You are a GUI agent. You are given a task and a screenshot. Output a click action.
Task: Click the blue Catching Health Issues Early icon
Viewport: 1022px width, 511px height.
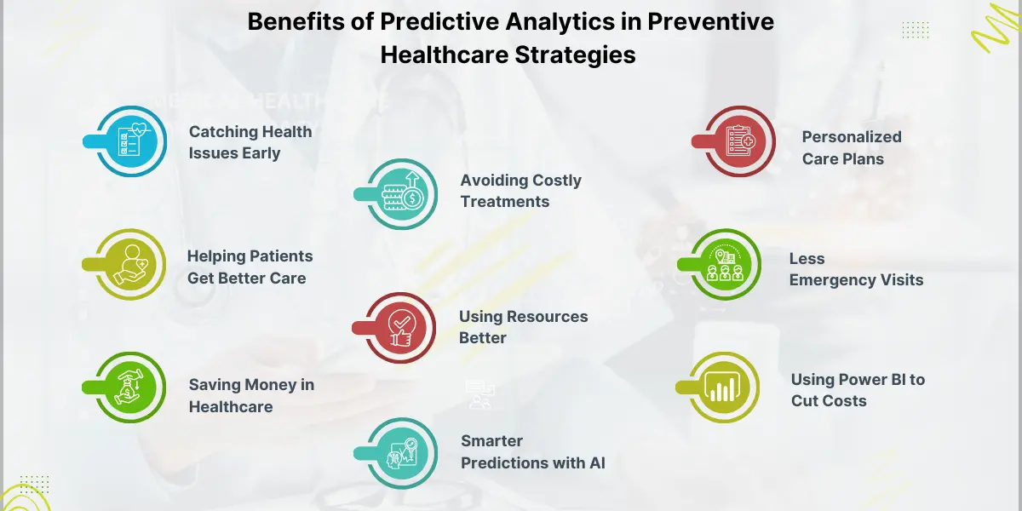(x=131, y=141)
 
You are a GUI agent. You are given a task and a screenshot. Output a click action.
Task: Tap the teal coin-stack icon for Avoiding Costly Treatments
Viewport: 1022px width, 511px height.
(x=402, y=194)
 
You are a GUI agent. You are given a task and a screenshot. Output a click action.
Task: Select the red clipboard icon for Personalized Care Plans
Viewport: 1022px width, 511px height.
(x=740, y=141)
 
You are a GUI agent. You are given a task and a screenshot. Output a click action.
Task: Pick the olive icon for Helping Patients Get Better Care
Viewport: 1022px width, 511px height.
(x=130, y=265)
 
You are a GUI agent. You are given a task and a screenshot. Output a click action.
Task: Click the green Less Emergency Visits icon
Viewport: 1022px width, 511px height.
(x=726, y=265)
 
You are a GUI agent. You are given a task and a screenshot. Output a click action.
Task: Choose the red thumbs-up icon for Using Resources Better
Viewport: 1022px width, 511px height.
(x=400, y=328)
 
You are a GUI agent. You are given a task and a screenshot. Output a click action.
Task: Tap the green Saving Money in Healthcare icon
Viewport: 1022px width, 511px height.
(x=130, y=388)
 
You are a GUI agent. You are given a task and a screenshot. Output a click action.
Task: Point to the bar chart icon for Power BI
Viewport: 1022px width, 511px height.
(x=724, y=388)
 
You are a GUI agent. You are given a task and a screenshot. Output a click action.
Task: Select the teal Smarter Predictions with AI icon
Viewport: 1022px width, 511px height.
(x=402, y=453)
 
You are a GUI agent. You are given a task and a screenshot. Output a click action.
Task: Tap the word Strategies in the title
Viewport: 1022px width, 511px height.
(x=576, y=55)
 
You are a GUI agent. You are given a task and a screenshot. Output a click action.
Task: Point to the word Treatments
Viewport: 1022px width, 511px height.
(x=505, y=202)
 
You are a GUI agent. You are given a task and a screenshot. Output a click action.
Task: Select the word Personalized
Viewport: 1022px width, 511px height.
(x=852, y=137)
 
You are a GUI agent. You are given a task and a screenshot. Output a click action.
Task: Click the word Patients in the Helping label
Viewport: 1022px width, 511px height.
(x=282, y=256)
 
